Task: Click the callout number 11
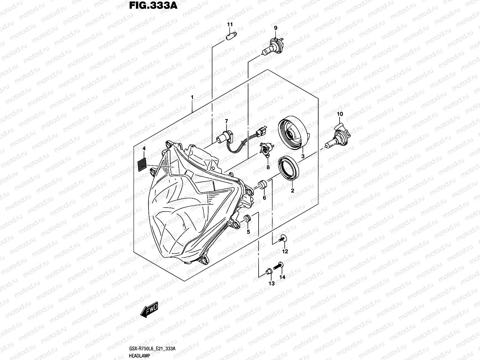tap(229, 24)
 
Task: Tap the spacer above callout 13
tap(269, 271)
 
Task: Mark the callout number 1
tap(192, 97)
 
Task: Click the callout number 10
tap(340, 114)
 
